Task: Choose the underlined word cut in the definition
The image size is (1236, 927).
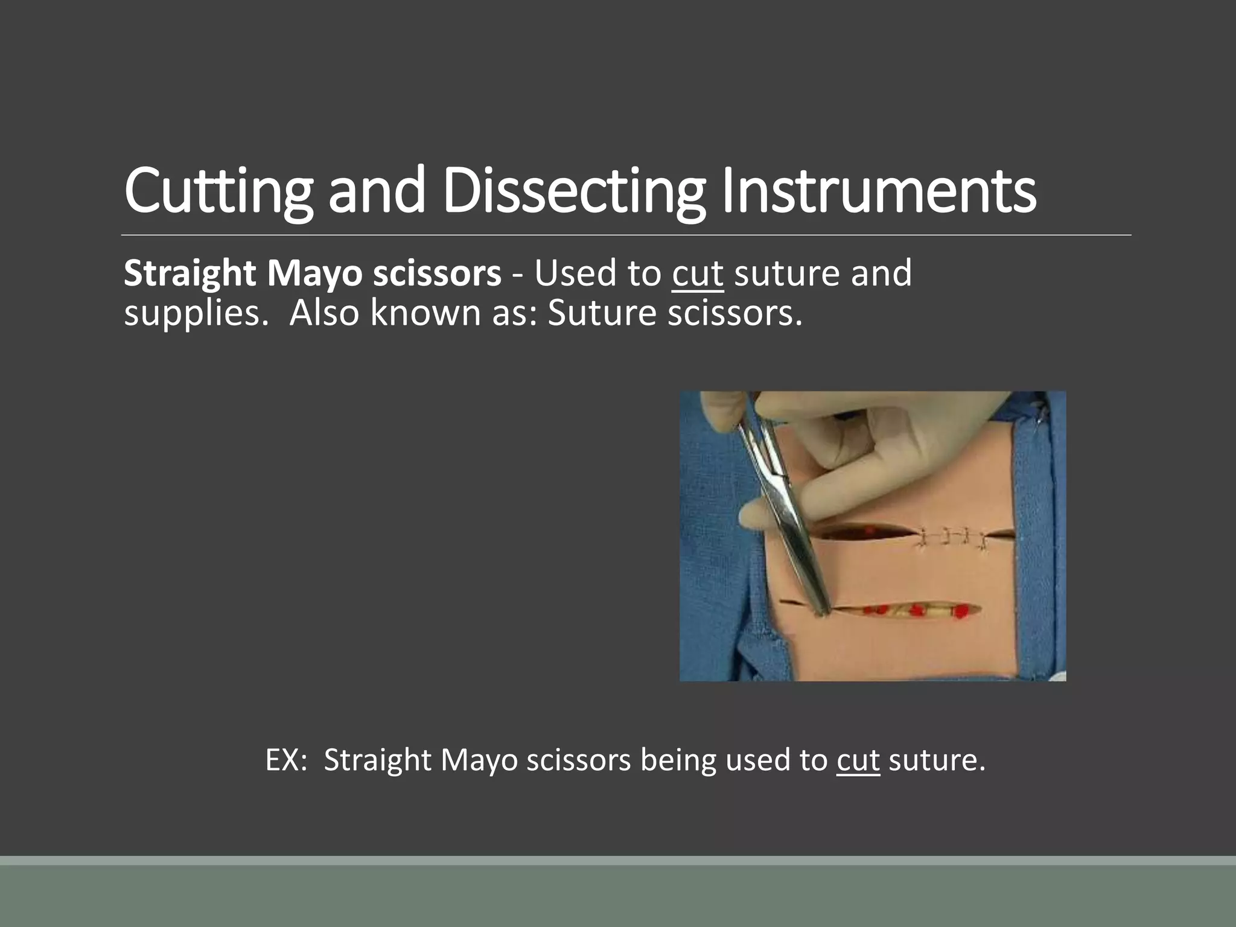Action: point(698,273)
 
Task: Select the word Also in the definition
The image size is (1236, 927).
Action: point(324,313)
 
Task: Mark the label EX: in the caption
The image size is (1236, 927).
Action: point(286,760)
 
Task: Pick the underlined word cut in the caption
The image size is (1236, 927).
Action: point(858,760)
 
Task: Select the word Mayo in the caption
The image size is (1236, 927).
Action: point(479,760)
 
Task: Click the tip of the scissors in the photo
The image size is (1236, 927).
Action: point(821,613)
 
